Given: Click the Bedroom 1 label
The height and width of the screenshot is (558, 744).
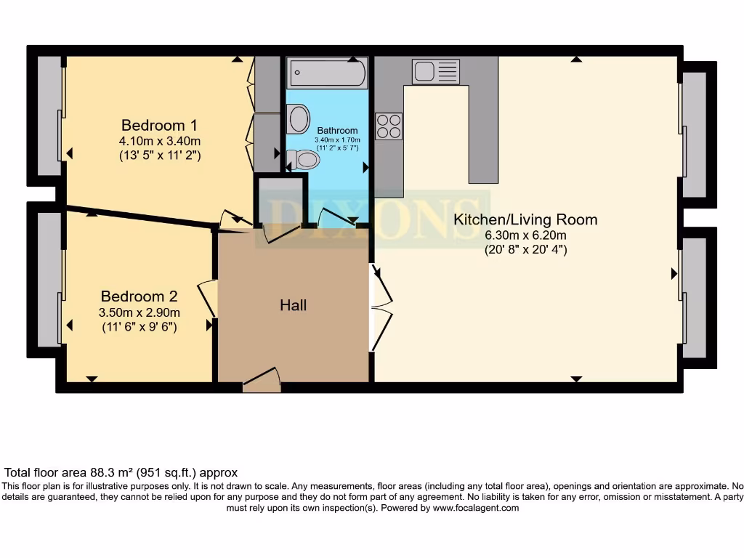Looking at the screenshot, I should [159, 124].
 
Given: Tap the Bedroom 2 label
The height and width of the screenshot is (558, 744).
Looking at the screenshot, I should [139, 296].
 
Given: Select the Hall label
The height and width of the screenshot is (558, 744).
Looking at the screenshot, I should [294, 305].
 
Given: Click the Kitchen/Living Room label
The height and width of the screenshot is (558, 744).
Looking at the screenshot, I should [525, 219].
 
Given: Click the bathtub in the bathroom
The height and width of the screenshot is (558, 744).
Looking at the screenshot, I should [327, 73].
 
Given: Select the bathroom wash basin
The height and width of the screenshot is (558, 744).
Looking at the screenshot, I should [298, 119].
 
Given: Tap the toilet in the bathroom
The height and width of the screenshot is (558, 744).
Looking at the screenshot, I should [304, 159].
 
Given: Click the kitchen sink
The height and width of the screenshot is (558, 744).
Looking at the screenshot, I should [435, 71].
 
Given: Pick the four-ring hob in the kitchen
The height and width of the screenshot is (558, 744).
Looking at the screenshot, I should [389, 126].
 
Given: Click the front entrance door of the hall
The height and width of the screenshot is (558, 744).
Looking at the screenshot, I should [262, 380].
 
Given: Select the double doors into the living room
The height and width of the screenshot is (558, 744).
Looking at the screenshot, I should [381, 308].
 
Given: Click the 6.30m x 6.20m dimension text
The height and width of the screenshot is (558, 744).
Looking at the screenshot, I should [525, 235].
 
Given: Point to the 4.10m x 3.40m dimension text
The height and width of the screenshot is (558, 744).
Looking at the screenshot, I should [159, 140].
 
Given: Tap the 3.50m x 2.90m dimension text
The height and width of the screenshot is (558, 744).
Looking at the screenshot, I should [139, 312].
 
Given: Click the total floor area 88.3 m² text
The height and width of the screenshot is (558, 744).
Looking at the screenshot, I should [121, 472].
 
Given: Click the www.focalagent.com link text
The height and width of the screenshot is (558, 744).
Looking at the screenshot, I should [475, 508].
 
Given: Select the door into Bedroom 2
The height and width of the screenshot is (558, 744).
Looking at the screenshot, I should [206, 299].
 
